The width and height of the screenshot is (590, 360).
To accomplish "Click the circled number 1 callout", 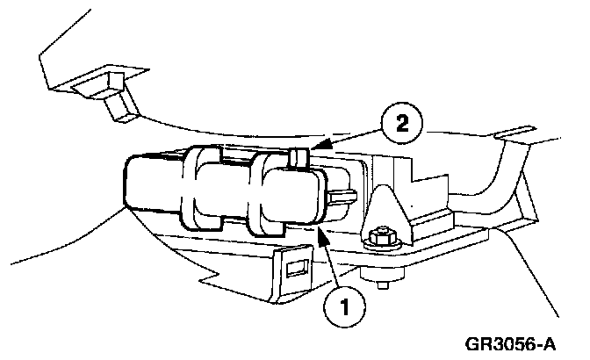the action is (345, 307).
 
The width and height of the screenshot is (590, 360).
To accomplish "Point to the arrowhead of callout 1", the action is (321, 229).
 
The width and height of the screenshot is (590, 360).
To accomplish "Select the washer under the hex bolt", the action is (383, 247).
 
